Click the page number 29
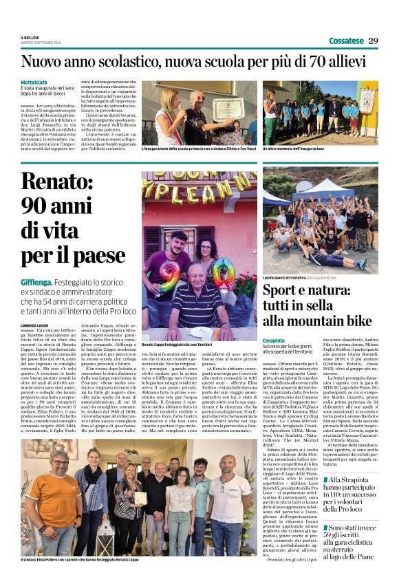tap(373, 41)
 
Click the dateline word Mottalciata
tap(34, 82)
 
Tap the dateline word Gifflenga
tap(37, 282)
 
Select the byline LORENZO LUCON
tap(36, 323)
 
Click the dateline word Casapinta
tap(274, 340)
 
